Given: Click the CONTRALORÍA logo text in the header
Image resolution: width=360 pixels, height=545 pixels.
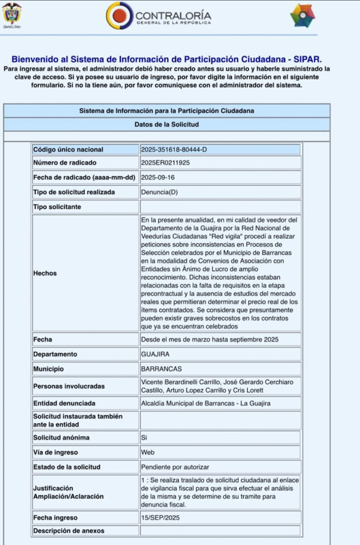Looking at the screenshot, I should (x=173, y=16).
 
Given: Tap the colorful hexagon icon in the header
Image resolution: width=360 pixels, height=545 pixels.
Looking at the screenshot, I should (x=302, y=15).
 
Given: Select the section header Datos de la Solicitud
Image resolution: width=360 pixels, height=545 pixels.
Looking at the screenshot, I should (x=166, y=125).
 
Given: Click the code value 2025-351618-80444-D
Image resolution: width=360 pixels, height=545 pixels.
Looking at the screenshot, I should (x=174, y=150).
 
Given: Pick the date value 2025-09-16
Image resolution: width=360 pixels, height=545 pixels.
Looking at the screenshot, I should (x=158, y=177).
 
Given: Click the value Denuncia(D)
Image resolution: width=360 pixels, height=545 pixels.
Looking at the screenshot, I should (x=160, y=192).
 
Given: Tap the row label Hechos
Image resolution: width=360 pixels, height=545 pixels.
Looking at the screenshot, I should (x=45, y=273).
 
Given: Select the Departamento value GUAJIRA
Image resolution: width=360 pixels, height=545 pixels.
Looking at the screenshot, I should (x=157, y=354).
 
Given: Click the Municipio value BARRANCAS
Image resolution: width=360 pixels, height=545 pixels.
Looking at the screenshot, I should (x=161, y=369).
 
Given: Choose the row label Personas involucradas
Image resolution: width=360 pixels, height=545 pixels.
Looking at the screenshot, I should (x=69, y=386).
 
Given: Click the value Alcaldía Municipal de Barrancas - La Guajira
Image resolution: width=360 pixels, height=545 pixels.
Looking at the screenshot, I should (x=205, y=403).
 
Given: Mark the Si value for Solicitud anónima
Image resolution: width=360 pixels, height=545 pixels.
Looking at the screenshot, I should (x=144, y=437).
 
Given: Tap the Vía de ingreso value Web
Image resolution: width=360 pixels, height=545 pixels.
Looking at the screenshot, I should (x=147, y=452).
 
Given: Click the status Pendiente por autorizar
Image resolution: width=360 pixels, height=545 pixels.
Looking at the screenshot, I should (x=175, y=467).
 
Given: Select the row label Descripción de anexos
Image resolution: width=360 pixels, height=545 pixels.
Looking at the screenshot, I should (x=69, y=531).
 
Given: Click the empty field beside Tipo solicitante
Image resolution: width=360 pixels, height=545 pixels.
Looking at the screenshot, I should (x=220, y=207).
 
